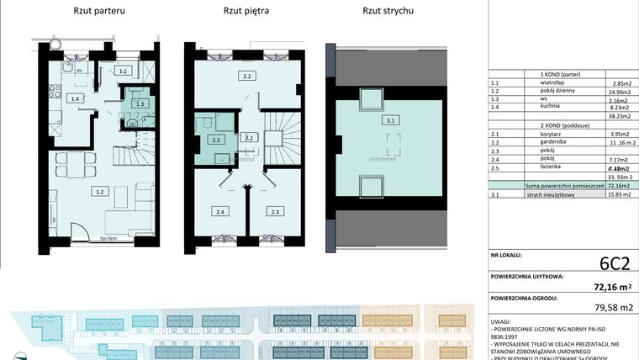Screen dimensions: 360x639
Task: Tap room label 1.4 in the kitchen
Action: (76, 99)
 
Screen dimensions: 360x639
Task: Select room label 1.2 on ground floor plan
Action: (100, 192)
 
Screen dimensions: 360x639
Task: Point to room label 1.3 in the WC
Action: (140, 103)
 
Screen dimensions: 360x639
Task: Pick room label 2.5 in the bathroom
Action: (217, 140)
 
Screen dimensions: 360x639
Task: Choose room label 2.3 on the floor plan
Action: (274, 212)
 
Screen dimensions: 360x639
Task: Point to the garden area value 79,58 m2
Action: (614, 308)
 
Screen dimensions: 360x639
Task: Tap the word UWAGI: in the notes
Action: (502, 321)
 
